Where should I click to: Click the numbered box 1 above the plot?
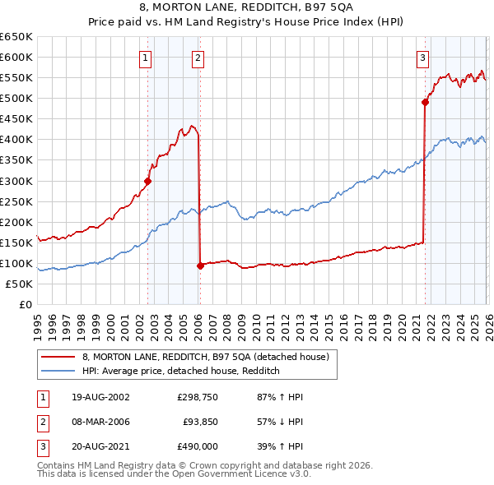[145, 58]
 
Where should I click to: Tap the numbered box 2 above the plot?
[199, 58]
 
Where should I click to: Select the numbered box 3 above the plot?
[422, 58]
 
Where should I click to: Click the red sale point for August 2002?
[148, 182]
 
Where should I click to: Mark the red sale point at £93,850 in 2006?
[200, 266]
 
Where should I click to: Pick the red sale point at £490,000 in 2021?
[425, 103]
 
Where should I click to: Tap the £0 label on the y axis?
[24, 304]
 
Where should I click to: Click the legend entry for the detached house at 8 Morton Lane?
[205, 357]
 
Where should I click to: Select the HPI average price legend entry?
[181, 371]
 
